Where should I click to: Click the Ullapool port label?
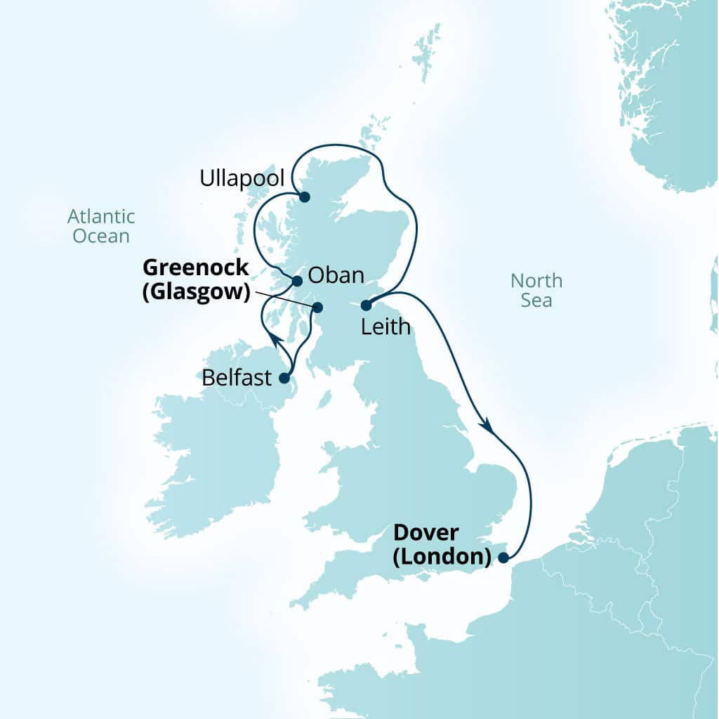(x=242, y=178)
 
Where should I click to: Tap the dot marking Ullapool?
(x=304, y=197)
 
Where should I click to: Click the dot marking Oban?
(x=297, y=281)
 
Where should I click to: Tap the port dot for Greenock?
(x=317, y=307)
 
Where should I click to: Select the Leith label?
(x=385, y=326)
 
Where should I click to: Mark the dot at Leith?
(x=366, y=305)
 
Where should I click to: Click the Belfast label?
(x=236, y=378)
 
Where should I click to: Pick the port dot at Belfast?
(x=284, y=378)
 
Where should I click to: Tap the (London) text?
(x=441, y=558)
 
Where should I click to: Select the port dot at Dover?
(x=503, y=558)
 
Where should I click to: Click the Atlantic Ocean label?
(x=102, y=225)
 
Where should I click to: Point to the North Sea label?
(x=536, y=291)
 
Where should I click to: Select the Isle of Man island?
(x=324, y=400)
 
